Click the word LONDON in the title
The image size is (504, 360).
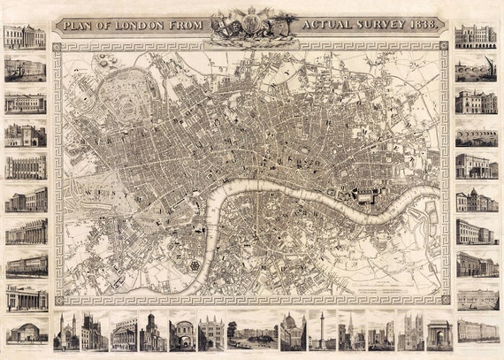click(141, 24)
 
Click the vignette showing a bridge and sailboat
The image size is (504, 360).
click(476, 69)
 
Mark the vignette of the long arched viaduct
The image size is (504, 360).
click(476, 136)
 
